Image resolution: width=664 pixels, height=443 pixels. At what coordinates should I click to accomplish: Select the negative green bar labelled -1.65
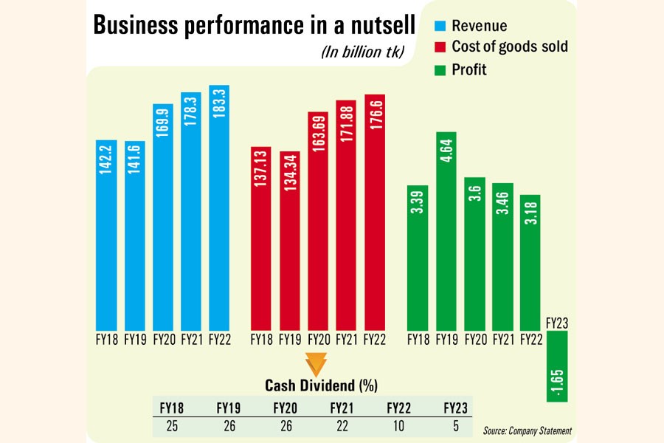[x=557, y=366]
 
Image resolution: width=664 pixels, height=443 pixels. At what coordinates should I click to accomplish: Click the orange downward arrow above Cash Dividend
[x=316, y=365]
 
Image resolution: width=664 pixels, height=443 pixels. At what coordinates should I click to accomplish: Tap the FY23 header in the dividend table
[x=456, y=407]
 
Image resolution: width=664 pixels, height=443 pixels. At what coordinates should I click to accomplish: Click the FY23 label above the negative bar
[x=557, y=322]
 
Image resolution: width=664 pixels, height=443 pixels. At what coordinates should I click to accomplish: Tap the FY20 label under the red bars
[x=319, y=341]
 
